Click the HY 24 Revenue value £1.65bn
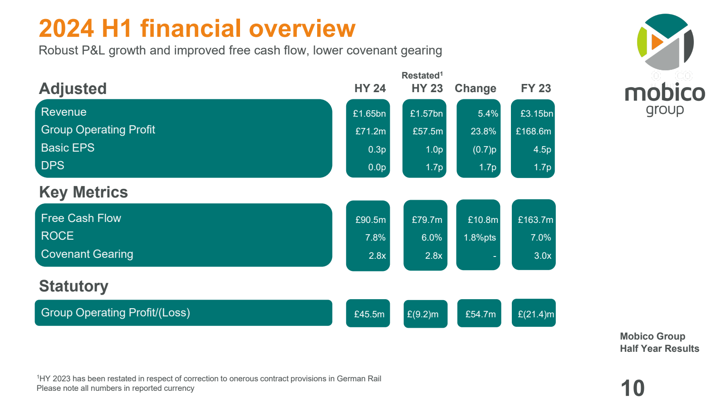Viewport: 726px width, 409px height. pos(369,113)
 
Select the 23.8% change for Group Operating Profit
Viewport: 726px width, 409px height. pos(483,131)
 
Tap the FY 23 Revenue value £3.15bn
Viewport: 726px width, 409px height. pos(536,113)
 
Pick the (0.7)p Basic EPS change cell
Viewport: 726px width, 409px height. pos(485,149)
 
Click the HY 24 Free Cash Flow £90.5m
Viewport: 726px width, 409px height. pos(370,220)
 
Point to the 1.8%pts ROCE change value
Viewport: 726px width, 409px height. pos(480,237)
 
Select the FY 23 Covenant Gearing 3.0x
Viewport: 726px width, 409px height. pos(542,256)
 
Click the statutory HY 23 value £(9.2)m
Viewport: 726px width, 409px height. pos(423,314)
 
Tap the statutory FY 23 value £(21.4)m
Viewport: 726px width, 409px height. pos(536,314)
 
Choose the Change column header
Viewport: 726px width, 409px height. pos(475,88)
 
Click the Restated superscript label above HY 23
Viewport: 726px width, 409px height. pos(422,75)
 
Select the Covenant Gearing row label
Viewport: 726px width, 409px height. pos(87,254)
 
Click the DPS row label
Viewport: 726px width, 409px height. pos(53,165)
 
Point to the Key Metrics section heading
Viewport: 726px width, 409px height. pos(83,192)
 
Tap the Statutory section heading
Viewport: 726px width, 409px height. pos(74,286)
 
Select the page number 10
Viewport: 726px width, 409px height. pos(632,389)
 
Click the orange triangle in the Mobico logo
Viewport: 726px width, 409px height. pos(656,42)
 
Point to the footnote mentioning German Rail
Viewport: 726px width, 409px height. pos(209,379)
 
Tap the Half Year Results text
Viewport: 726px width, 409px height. pos(659,349)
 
